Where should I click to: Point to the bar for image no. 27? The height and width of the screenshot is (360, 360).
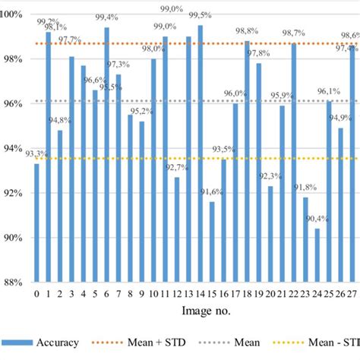[x=352, y=164]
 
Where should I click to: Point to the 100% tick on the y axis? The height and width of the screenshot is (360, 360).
[x=14, y=14]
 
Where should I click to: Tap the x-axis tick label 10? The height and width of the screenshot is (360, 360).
[x=153, y=294]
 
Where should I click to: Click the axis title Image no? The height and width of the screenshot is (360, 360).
[x=192, y=311]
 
